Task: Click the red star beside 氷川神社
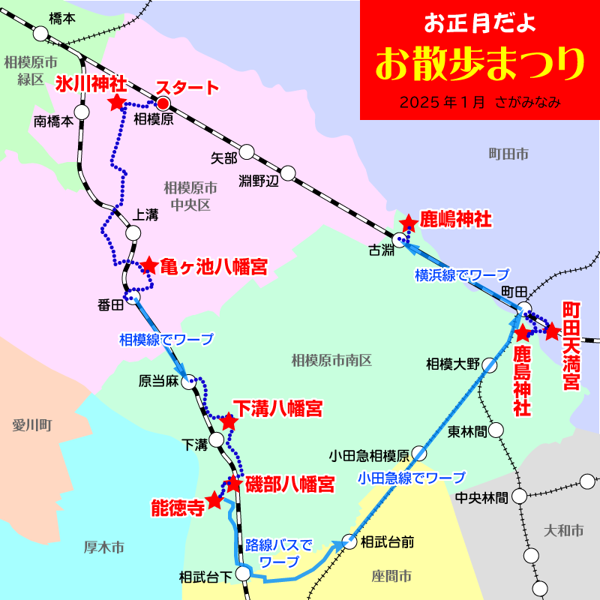(116, 103)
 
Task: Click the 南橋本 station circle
(82, 112)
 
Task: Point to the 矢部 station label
(223, 157)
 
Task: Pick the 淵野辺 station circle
(288, 174)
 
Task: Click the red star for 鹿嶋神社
(409, 223)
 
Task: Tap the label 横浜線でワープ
(461, 274)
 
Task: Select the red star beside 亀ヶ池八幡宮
(149, 265)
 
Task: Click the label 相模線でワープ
(166, 339)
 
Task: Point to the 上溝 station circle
(133, 232)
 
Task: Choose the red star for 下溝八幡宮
(229, 422)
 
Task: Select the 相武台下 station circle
(242, 574)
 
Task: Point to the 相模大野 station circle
(490, 365)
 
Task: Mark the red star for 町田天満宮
(553, 331)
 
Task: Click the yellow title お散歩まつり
(479, 64)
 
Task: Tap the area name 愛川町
(31, 425)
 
